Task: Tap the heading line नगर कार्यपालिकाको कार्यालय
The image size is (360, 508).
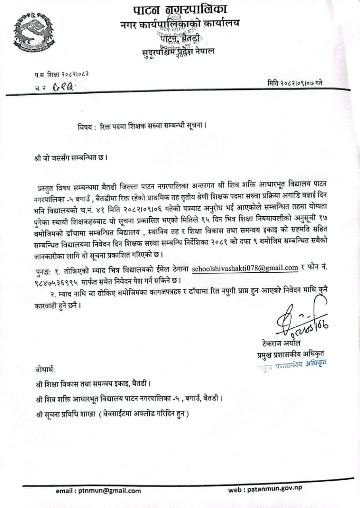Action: pos(180,25)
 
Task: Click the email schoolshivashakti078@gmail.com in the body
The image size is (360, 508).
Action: pos(245,268)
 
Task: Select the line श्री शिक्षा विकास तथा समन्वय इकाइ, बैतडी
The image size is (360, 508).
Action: pos(93,384)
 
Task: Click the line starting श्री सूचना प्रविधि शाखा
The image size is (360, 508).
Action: pos(112,414)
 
